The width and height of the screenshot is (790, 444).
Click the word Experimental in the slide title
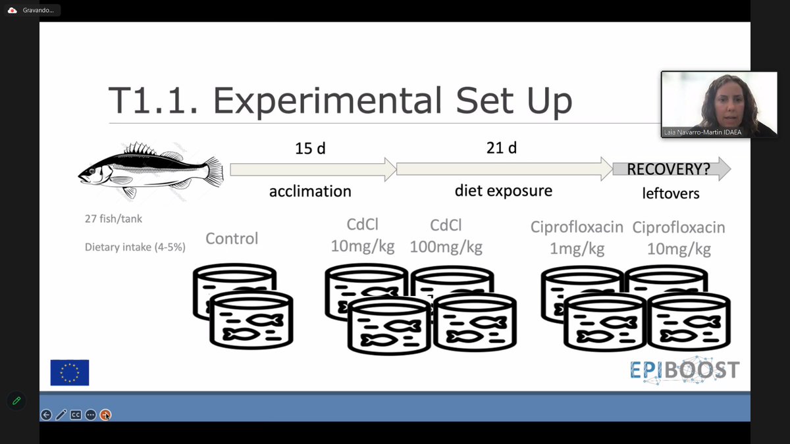coord(327,100)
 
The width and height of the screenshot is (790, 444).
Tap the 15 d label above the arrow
coord(309,149)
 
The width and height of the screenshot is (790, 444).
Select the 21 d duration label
coord(501,149)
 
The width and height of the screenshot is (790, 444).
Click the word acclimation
coord(310,191)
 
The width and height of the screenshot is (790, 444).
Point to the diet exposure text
coord(503,191)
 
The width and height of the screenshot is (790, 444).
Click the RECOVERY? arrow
coord(670,170)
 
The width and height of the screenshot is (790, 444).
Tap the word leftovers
coord(671,193)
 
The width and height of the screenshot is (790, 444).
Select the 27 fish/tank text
coord(113,219)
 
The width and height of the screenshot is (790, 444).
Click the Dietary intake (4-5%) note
coord(135,247)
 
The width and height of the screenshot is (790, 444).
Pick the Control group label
coord(232,238)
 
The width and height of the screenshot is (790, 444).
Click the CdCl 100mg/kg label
coord(446,236)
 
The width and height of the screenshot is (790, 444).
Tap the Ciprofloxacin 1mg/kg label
coord(577,238)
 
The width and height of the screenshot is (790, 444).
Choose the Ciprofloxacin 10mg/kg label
coord(678,238)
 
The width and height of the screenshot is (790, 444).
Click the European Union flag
coord(70,372)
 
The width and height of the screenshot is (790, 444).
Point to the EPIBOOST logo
coord(684,371)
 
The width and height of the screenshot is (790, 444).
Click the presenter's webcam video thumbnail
coord(710,104)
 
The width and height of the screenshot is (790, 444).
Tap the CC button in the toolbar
coord(76,414)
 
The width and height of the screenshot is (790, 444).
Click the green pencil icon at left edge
coord(16,400)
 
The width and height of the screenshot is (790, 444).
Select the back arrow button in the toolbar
coord(46,414)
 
